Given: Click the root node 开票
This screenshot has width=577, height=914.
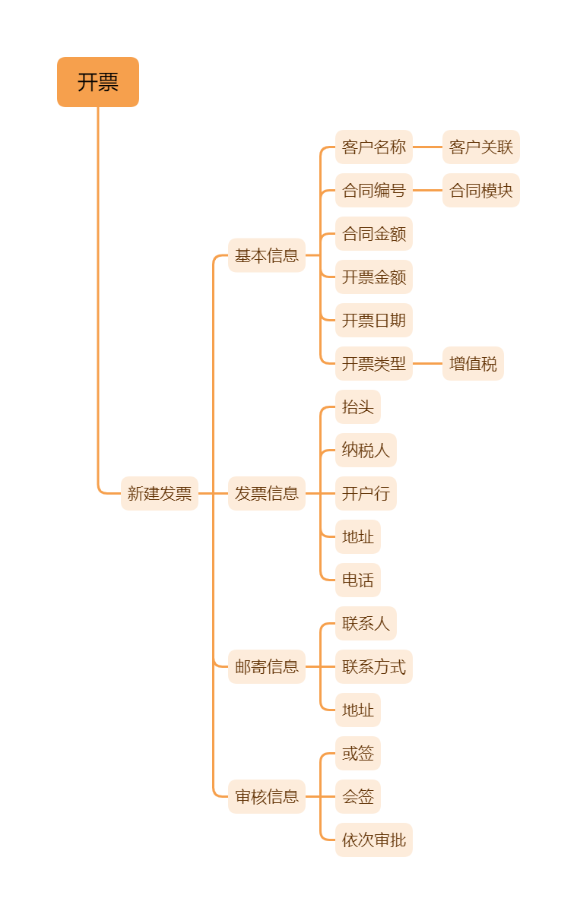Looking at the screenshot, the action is pos(98,82).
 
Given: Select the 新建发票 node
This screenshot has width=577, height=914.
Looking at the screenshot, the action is pos(160,494).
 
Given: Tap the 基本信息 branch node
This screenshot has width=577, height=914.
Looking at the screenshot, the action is pos(267,256).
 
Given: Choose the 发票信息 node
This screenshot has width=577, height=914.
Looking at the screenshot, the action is pos(267,494).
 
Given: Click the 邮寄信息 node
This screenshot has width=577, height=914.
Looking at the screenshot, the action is pos(267,667).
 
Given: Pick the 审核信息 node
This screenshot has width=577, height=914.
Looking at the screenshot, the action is pos(267,797).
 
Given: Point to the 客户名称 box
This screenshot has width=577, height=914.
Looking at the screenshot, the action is pos(374,147).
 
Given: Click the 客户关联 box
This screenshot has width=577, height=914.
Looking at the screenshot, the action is pos(481,147).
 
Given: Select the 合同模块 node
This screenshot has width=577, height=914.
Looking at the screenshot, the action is pos(481,191).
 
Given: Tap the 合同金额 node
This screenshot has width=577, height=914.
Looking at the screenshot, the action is pos(374,234).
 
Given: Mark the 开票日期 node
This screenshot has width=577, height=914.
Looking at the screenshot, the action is pos(374,321).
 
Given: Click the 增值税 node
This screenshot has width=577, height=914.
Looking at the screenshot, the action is pos(473,364).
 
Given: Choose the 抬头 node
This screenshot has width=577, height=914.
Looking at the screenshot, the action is pos(358,407).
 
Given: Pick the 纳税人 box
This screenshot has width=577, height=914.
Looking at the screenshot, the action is pos(366,451).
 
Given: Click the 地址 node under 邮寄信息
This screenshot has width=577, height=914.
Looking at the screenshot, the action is pos(358,710).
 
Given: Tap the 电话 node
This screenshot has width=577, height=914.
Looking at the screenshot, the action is pos(358,580).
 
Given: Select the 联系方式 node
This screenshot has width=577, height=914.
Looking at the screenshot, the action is pos(374,667).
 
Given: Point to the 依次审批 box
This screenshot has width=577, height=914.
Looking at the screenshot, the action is pos(374,840).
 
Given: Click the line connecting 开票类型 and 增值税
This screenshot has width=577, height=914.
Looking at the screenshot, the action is pos(428,364).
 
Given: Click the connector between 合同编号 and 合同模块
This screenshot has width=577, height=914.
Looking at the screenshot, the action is pos(428,191).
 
